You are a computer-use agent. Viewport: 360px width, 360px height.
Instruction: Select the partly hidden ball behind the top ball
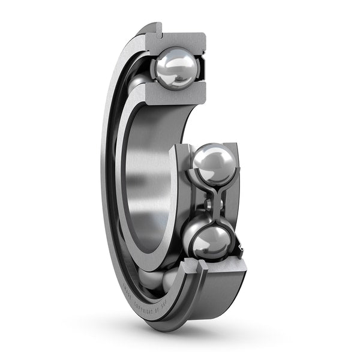click(138, 81)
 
